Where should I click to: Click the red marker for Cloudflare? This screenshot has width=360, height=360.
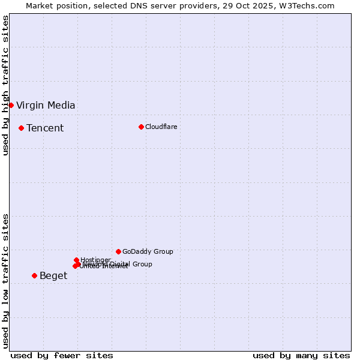pos(141,127)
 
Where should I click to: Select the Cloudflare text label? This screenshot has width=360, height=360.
pos(161,127)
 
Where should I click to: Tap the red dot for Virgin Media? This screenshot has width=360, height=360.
pos(11,105)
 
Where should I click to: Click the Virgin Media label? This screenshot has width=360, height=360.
pos(46,106)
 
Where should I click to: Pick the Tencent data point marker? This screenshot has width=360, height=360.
pos(21,128)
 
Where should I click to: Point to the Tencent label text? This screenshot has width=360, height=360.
pos(45,128)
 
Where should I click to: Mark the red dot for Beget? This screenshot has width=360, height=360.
pos(34,275)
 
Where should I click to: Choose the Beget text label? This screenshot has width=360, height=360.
pos(53,276)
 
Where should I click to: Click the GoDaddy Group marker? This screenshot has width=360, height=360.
pos(118,251)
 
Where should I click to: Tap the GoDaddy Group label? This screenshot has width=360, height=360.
pos(148,252)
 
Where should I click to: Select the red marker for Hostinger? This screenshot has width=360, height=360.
pos(76,260)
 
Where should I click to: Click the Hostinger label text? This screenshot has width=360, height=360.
pos(95,260)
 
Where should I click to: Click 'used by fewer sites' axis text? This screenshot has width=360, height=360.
pos(62,355)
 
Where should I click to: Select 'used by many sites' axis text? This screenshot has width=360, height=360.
pos(301,355)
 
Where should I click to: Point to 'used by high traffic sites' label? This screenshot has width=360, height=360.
pos(5,85)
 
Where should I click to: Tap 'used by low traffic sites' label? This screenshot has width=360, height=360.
pos(5,281)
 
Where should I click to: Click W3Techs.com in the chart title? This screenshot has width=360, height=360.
pos(309,5)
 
